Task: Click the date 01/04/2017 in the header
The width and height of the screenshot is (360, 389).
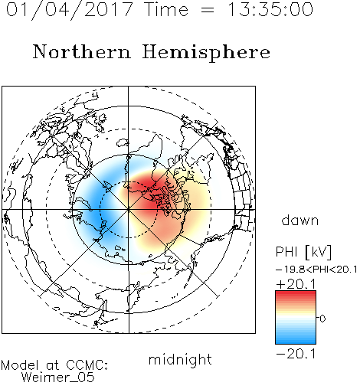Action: (69, 10)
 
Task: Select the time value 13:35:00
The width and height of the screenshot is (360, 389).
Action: (270, 9)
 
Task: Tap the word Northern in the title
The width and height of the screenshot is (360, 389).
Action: (82, 51)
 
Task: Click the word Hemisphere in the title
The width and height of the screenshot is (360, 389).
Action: (206, 53)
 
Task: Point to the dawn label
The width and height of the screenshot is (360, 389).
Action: (300, 220)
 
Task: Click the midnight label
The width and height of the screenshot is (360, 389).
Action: (180, 359)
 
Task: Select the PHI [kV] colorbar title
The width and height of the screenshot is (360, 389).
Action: (303, 252)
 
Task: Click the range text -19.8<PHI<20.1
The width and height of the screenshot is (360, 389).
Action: (316, 270)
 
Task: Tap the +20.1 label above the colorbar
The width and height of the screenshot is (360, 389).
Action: (296, 284)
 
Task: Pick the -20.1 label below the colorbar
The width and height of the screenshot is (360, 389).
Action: (296, 354)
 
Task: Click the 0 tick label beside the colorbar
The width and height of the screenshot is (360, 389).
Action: (322, 319)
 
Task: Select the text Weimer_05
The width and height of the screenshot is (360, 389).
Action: (58, 378)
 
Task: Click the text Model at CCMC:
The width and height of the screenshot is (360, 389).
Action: (54, 365)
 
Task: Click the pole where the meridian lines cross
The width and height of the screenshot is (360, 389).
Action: (129, 210)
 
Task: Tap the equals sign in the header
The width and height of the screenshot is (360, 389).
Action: (208, 10)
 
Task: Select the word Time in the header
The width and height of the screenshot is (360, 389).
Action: (166, 9)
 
